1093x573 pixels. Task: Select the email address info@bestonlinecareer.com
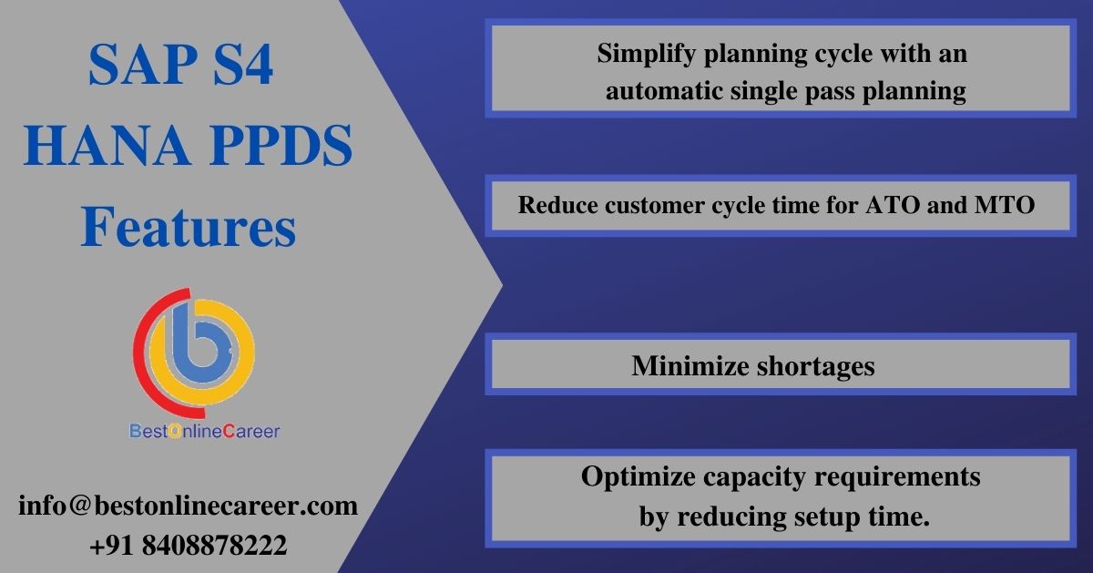(x=188, y=506)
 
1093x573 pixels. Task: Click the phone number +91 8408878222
(x=189, y=545)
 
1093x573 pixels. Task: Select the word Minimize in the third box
(x=690, y=366)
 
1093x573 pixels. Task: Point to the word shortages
(x=815, y=366)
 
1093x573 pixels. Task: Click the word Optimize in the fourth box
(x=638, y=477)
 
